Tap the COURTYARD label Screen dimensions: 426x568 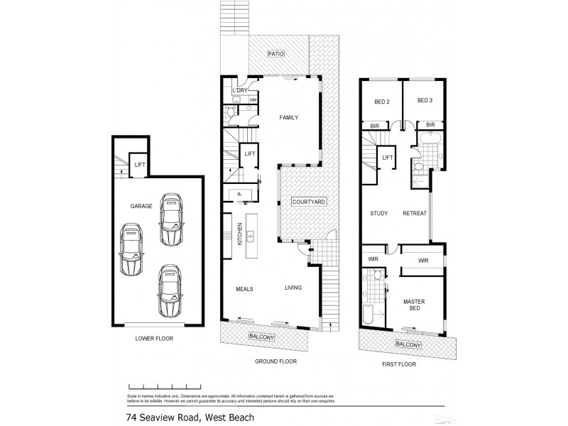click(309, 202)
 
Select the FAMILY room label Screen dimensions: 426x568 click(288, 118)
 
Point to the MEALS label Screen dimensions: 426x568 click(245, 288)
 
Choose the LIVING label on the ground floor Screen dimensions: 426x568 click(293, 288)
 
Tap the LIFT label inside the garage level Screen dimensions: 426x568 click(140, 165)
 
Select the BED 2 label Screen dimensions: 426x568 click(382, 102)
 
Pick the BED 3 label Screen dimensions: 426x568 click(425, 102)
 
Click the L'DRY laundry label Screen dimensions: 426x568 click(239, 90)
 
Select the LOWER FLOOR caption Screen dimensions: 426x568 click(154, 339)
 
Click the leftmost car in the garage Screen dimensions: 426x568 click(131, 251)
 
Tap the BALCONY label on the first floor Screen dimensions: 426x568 click(408, 345)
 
